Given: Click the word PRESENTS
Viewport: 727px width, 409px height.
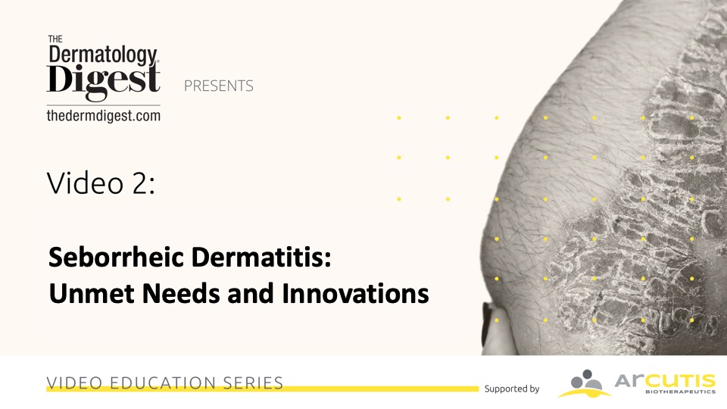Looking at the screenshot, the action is pos(218,86).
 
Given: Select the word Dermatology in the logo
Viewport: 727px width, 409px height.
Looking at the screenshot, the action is pos(103,55).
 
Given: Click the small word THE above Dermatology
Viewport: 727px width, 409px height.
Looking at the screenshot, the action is pos(55,39).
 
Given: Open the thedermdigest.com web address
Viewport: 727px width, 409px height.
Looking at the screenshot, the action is pos(104,115).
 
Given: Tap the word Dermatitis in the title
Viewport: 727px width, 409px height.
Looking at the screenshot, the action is pos(261,257).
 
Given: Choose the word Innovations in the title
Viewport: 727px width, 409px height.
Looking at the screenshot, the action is pos(355,294).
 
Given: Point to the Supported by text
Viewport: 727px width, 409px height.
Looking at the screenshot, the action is pos(512,389).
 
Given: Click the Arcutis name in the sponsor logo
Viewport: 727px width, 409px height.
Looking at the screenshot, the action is pos(665,381).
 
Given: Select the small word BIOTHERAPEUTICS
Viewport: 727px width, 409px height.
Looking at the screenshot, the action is pos(680,392).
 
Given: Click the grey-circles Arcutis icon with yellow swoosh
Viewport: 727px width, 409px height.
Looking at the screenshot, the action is pos(585,383).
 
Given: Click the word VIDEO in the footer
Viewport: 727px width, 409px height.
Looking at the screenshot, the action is pos(75,383).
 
